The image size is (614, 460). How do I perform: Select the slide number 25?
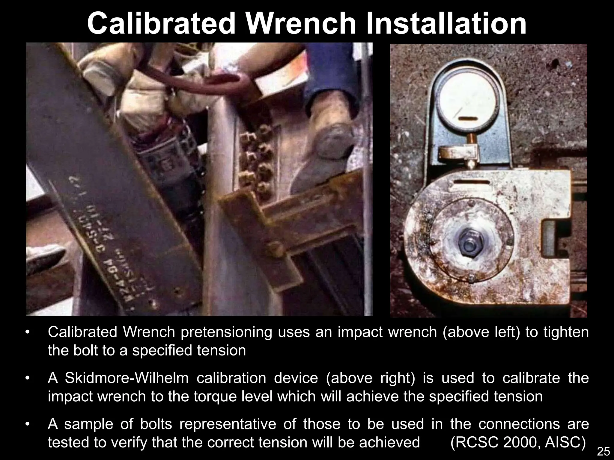[x=603, y=451]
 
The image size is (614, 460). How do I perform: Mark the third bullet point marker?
[x=28, y=424]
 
